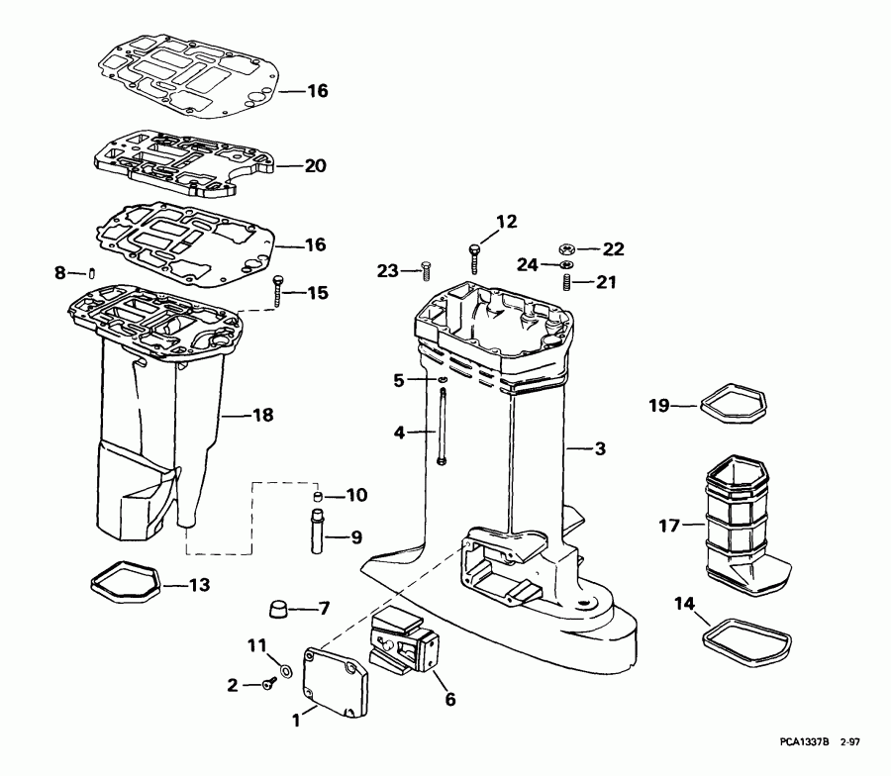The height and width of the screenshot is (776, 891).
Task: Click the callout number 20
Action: (315, 166)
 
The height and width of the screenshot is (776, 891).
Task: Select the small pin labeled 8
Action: (89, 272)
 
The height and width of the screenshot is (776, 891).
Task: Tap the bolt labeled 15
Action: (278, 290)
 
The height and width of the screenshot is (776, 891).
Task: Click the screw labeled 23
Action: (427, 269)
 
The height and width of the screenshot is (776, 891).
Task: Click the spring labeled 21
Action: (567, 283)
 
